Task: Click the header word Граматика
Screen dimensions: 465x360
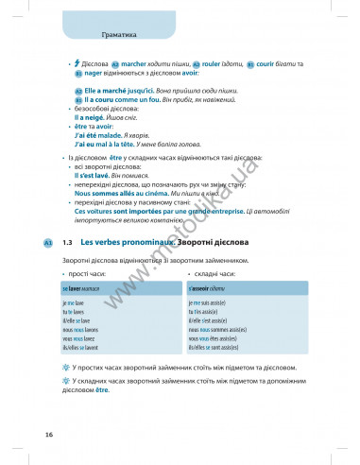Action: coord(118,35)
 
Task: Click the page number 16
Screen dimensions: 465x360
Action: coord(47,433)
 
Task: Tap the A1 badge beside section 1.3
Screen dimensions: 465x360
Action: coord(47,244)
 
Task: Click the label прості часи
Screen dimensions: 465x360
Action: coord(89,272)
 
